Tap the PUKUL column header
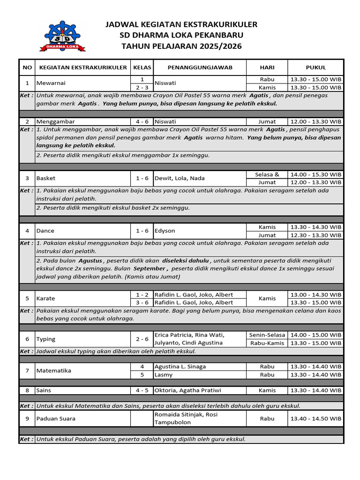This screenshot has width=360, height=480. pyautogui.click(x=315, y=67)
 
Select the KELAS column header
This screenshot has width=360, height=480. pyautogui.click(x=142, y=67)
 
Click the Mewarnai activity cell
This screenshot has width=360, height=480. pyautogui.click(x=52, y=83)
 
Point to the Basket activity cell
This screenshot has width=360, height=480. pyautogui.click(x=46, y=178)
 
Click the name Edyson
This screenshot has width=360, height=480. pyautogui.click(x=165, y=231)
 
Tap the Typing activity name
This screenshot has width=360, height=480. pyautogui.click(x=46, y=339)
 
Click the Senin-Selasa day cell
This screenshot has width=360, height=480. pyautogui.click(x=267, y=335)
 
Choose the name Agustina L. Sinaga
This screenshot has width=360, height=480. pyautogui.click(x=180, y=367)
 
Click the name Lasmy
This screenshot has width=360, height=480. pyautogui.click(x=164, y=375)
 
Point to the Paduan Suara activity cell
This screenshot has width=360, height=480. pyautogui.click(x=56, y=419)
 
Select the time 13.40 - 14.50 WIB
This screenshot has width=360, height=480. pyautogui.click(x=315, y=419)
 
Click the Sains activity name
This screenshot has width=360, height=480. pyautogui.click(x=44, y=390)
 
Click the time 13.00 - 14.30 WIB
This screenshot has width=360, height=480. pyautogui.click(x=315, y=294)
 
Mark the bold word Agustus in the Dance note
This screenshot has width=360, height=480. pyautogui.click(x=90, y=261)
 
